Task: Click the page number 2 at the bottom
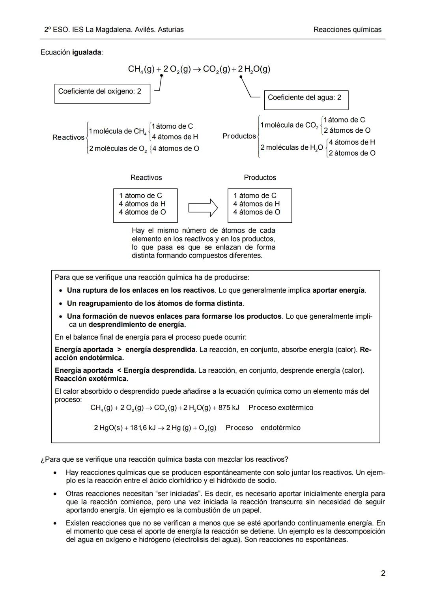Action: (x=383, y=573)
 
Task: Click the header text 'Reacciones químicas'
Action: (x=347, y=30)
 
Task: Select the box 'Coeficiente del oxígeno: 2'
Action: (x=102, y=94)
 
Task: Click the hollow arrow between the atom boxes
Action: (x=203, y=207)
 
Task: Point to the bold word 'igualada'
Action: (x=86, y=53)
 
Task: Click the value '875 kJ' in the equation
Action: (x=229, y=408)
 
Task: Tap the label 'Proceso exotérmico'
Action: (x=281, y=408)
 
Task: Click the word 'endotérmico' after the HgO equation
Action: (x=280, y=428)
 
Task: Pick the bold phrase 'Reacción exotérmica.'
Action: (x=92, y=379)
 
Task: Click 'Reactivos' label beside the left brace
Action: (x=68, y=137)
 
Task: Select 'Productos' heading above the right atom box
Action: (x=260, y=178)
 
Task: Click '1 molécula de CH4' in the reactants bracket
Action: (x=117, y=131)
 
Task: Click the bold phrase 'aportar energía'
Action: (x=339, y=290)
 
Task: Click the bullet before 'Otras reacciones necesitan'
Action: (x=57, y=494)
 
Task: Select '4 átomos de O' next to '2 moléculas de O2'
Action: (x=176, y=148)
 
